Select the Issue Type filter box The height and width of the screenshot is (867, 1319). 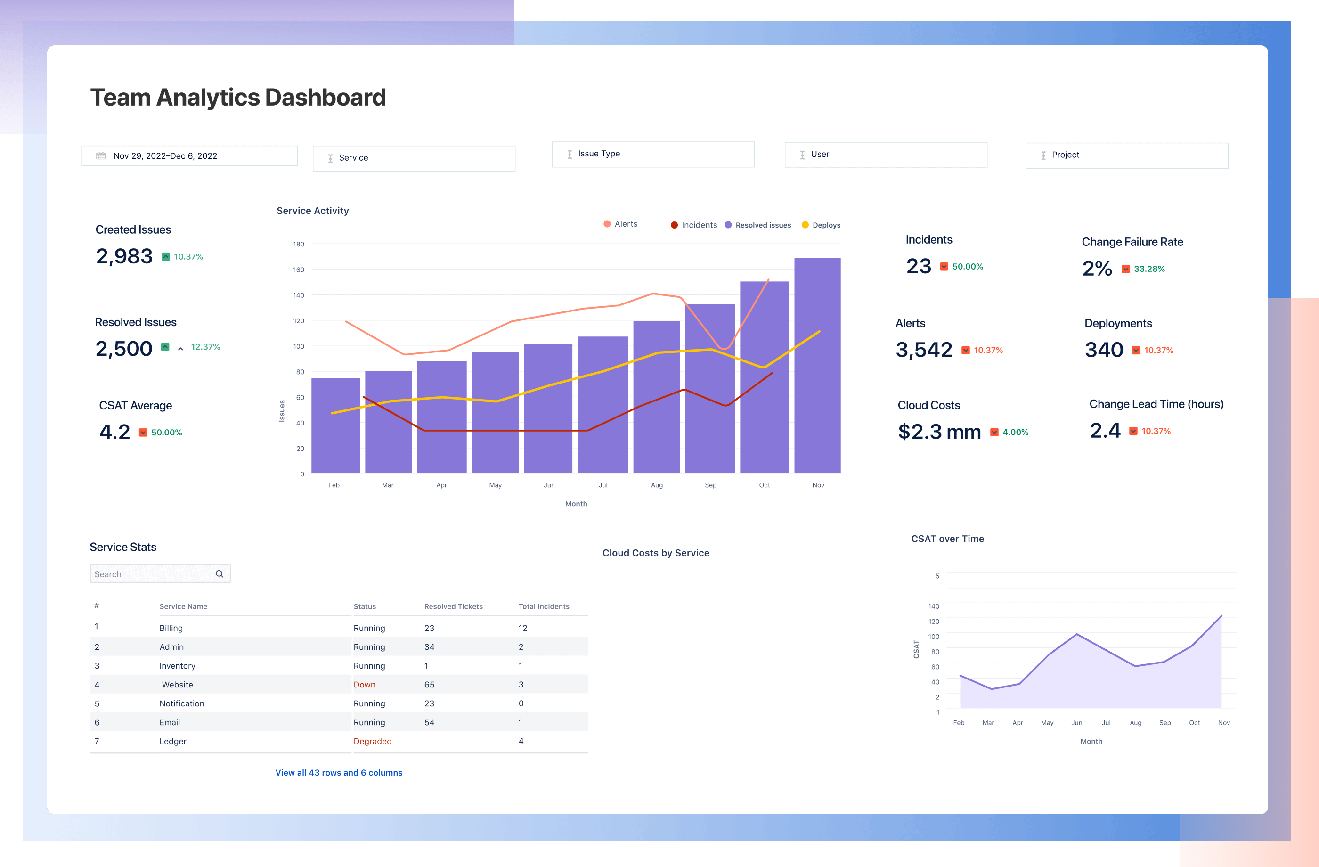(652, 154)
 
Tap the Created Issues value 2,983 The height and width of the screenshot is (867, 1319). (124, 256)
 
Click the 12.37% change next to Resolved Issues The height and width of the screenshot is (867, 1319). (205, 347)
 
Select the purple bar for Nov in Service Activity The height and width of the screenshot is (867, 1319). (817, 366)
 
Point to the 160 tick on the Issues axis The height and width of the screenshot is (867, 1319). (299, 270)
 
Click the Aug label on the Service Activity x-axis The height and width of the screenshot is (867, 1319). (657, 485)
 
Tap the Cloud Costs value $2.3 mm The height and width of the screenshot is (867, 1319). (939, 432)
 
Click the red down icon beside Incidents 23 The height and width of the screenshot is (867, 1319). (944, 267)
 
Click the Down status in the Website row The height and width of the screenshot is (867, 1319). (364, 685)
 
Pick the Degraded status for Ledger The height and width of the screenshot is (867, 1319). (373, 741)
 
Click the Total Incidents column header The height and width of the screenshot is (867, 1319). (544, 606)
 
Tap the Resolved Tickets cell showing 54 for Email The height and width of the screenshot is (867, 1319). (429, 722)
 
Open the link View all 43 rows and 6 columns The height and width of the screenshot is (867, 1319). (339, 773)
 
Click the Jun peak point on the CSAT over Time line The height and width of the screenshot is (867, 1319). (1076, 634)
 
